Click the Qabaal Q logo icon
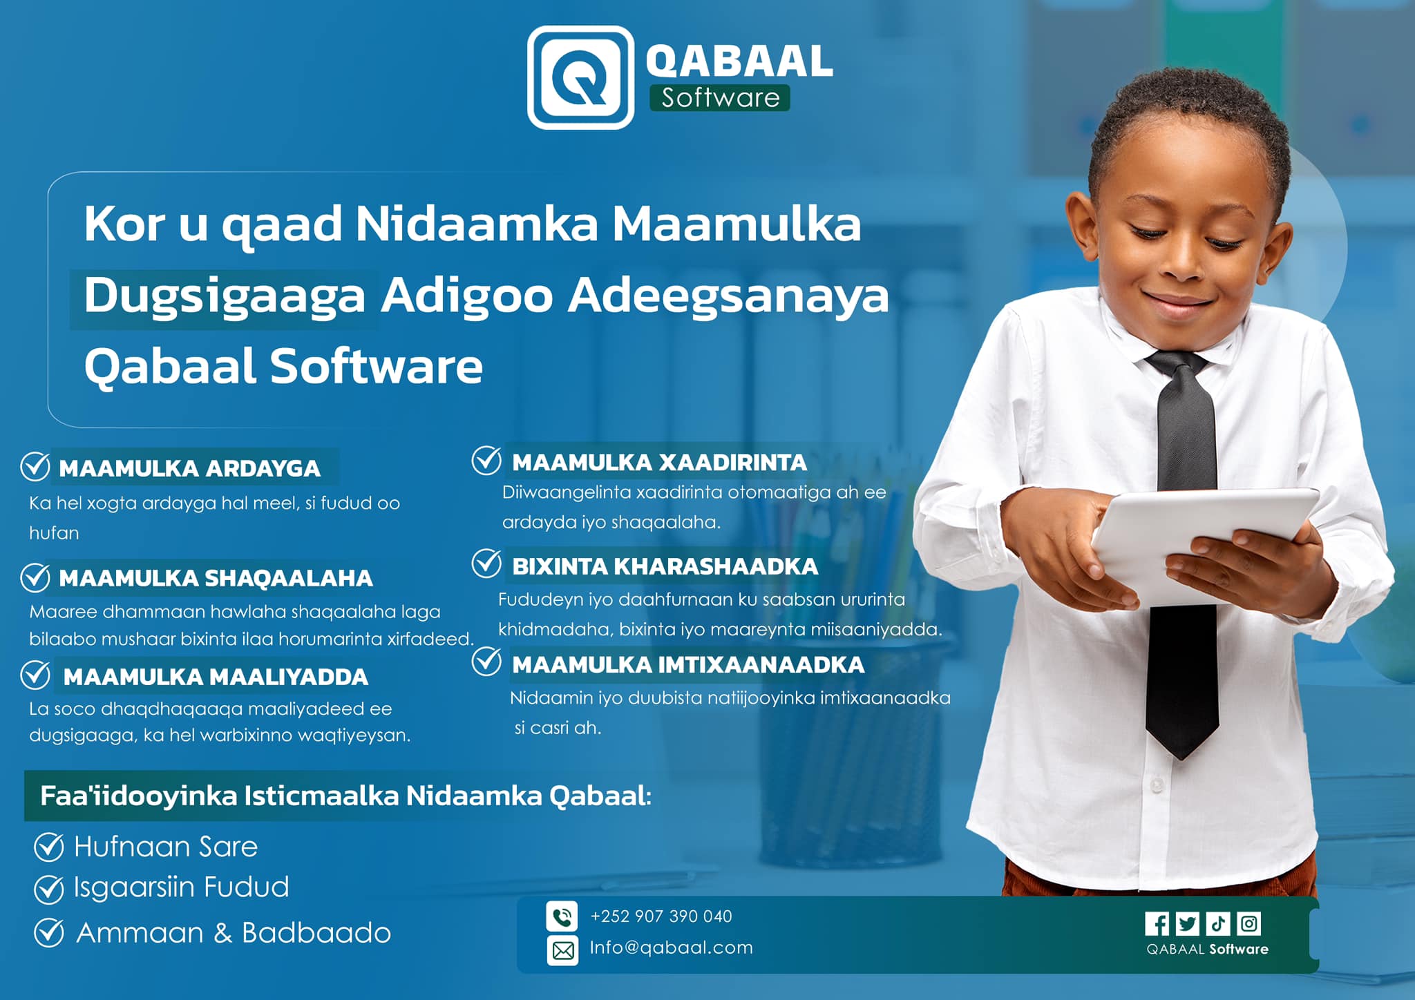[x=580, y=77]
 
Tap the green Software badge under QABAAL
[x=719, y=97]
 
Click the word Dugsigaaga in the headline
[x=225, y=296]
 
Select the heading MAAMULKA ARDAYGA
[x=189, y=468]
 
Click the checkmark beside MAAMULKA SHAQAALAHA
[x=35, y=577]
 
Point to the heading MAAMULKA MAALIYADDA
[x=216, y=677]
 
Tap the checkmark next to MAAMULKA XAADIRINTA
[x=486, y=461]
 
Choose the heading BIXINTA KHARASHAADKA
[x=665, y=566]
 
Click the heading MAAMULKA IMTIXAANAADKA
[x=688, y=664]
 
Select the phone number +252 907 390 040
[x=661, y=916]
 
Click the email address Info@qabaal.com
[x=671, y=948]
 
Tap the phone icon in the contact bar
[x=562, y=916]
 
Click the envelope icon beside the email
[x=562, y=950]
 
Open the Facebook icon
[x=1157, y=923]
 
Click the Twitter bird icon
[x=1188, y=923]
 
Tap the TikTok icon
[x=1218, y=923]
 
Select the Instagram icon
[x=1248, y=923]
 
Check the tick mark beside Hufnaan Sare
[x=49, y=847]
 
